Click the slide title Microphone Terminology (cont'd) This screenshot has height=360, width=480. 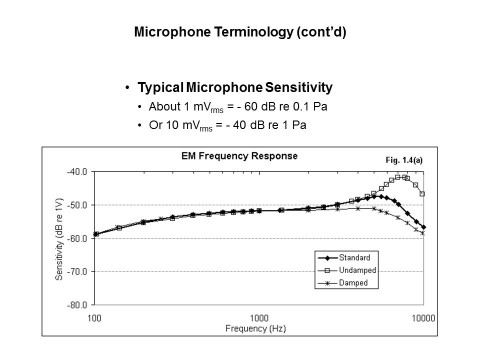(240, 33)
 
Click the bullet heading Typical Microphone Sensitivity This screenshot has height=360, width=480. (235, 88)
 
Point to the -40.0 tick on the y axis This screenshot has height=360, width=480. (77, 171)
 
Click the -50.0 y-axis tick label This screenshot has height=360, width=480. (77, 205)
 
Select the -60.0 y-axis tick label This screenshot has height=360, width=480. (77, 238)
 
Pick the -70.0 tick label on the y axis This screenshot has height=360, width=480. (77, 271)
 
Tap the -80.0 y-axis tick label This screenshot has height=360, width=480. (77, 304)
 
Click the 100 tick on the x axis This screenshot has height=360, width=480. (94, 317)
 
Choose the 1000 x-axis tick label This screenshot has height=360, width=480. (259, 317)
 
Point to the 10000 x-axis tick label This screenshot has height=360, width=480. (423, 317)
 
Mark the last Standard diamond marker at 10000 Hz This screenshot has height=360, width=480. (423, 227)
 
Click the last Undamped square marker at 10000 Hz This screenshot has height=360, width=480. (422, 193)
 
